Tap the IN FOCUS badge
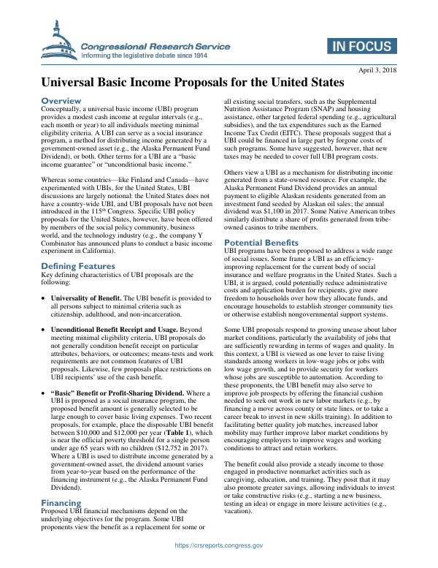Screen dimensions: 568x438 [361, 46]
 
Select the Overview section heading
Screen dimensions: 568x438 [61, 100]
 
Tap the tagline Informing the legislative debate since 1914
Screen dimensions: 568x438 [145, 56]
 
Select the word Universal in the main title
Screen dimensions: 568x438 [73, 83]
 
